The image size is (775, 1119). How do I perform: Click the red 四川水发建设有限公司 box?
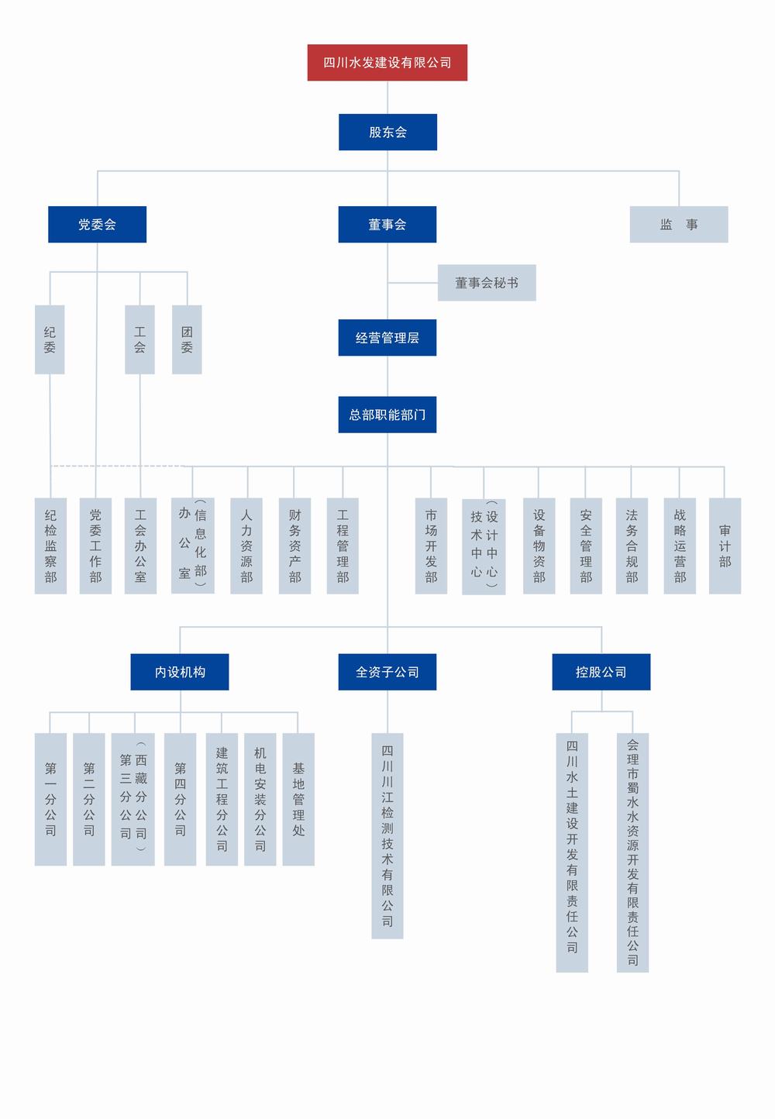coord(387,63)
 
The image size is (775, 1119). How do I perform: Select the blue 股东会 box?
coord(387,133)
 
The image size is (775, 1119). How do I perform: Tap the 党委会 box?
coord(97,225)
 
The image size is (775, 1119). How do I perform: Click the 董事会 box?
coord(387,225)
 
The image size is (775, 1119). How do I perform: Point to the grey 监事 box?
coord(678,225)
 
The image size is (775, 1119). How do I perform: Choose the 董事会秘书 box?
coord(487,283)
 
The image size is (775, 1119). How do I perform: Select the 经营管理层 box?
coord(387,338)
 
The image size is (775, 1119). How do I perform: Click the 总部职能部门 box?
coord(387,415)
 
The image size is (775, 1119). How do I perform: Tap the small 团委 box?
coord(187,339)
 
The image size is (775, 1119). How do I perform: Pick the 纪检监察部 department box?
coord(50,546)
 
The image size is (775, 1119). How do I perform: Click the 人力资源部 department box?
coord(246,546)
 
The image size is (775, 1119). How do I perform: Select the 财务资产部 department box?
coord(294,546)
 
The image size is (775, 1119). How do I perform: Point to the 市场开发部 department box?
coord(431,546)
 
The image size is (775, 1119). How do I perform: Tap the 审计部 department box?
coord(725,546)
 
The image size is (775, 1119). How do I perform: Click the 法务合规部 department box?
coord(632,546)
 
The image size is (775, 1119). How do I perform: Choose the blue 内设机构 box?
coord(180,672)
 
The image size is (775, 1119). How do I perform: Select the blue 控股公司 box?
coord(601,672)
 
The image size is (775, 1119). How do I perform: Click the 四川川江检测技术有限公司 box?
coord(387,835)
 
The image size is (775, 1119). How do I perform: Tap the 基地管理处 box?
coord(298,799)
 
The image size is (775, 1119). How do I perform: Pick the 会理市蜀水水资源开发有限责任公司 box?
coord(632,852)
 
